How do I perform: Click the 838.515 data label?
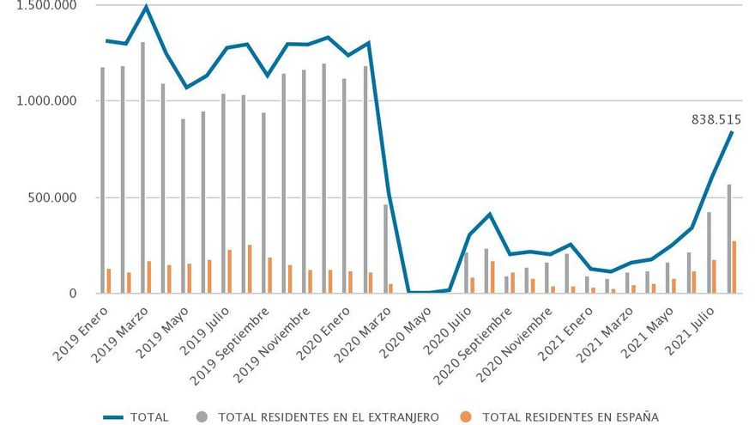coord(716,120)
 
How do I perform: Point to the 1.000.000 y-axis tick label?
coord(48,100)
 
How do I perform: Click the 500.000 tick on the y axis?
coord(53,197)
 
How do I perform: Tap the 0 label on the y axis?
coord(74,294)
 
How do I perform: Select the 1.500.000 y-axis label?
coord(48,6)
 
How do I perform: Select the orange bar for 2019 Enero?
coord(109,282)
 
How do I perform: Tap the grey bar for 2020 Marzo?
coord(385,249)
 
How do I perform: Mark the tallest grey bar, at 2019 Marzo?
coord(142,167)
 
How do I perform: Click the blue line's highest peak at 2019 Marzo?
coord(147,7)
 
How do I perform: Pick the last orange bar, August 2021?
coord(734,267)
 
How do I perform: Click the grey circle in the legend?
coord(203,417)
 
